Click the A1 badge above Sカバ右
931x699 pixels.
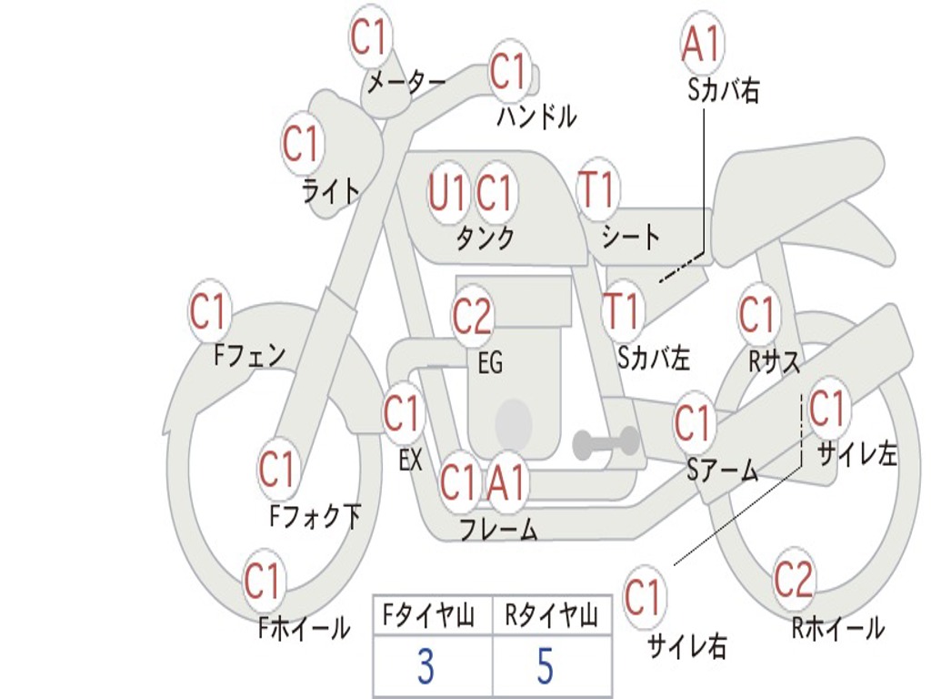point(702,41)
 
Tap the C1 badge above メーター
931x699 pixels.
point(369,37)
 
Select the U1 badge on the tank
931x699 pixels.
point(446,192)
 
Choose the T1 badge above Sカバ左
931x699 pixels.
point(623,310)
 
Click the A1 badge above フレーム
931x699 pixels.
point(506,481)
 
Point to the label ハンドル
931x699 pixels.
point(536,116)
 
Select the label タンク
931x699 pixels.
point(485,238)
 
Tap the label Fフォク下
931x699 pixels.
point(315,517)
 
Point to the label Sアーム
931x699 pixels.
point(722,470)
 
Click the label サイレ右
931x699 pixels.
point(687,646)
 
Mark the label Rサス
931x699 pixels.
point(774,362)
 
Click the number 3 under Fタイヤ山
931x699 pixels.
point(425,667)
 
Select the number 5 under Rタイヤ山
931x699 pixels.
point(545,667)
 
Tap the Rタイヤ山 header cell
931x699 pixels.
point(551,617)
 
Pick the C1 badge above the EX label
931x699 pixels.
point(401,414)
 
